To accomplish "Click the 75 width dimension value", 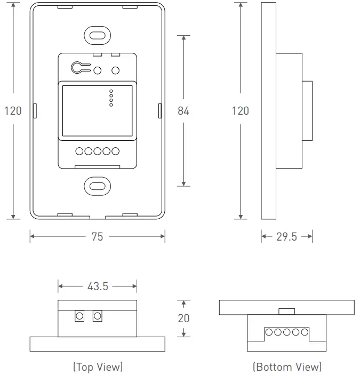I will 97,236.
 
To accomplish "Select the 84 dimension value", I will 183,111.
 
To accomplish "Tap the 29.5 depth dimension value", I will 286,236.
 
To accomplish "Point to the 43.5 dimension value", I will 98,286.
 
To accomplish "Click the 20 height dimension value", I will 183,318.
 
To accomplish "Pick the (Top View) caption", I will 98,367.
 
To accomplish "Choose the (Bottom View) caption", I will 287,367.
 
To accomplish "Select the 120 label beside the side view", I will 241,111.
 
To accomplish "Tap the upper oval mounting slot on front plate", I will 97,35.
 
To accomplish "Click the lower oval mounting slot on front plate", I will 97,186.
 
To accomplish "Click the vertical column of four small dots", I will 111,97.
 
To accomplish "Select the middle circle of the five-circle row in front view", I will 97,151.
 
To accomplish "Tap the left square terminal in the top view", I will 79,316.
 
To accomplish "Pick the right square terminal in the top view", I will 97,316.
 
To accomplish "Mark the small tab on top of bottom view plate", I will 287,311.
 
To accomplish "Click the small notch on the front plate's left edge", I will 35,111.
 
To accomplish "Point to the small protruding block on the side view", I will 307,111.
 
